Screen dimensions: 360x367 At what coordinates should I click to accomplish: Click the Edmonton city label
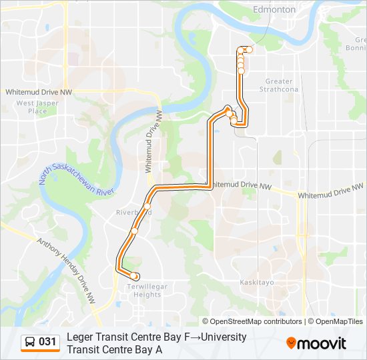click(274, 9)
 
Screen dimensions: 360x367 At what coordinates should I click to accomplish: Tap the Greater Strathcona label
click(281, 85)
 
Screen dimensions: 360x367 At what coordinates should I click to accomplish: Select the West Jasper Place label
click(33, 107)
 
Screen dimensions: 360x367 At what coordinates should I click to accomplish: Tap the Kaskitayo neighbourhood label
click(257, 283)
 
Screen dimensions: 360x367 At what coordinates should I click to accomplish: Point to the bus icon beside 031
click(30, 342)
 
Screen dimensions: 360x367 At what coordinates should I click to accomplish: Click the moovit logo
click(316, 343)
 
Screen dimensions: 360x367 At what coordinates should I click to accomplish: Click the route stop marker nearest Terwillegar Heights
click(135, 276)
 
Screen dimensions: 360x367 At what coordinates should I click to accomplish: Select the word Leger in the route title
click(79, 337)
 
